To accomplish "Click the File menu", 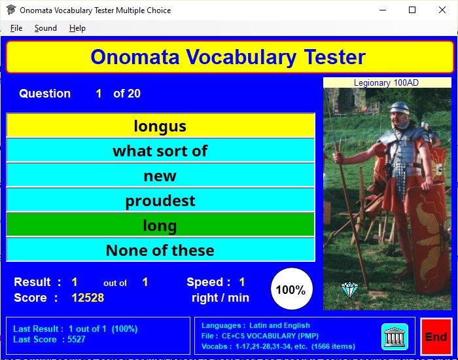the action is pyautogui.click(x=16, y=28).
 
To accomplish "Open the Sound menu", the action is pyautogui.click(x=46, y=28).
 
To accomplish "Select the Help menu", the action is pyautogui.click(x=77, y=28).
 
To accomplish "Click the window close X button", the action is pyautogui.click(x=442, y=10).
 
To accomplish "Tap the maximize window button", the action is pyautogui.click(x=412, y=10).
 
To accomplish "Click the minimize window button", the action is pyautogui.click(x=383, y=10).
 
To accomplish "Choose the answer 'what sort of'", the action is pyautogui.click(x=160, y=151).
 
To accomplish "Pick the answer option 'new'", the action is pyautogui.click(x=160, y=175).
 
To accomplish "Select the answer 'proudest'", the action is pyautogui.click(x=160, y=200).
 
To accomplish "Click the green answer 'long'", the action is pyautogui.click(x=160, y=225).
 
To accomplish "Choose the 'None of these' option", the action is pyautogui.click(x=160, y=250).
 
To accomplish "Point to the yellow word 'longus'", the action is pyautogui.click(x=160, y=126).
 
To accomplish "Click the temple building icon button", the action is pyautogui.click(x=395, y=336).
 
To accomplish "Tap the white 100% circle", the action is pyautogui.click(x=292, y=289).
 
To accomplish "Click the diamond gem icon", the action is pyautogui.click(x=349, y=289).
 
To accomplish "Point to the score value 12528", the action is pyautogui.click(x=88, y=298).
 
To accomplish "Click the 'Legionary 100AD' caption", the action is pyautogui.click(x=386, y=82).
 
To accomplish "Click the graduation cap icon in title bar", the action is pyautogui.click(x=11, y=10).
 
